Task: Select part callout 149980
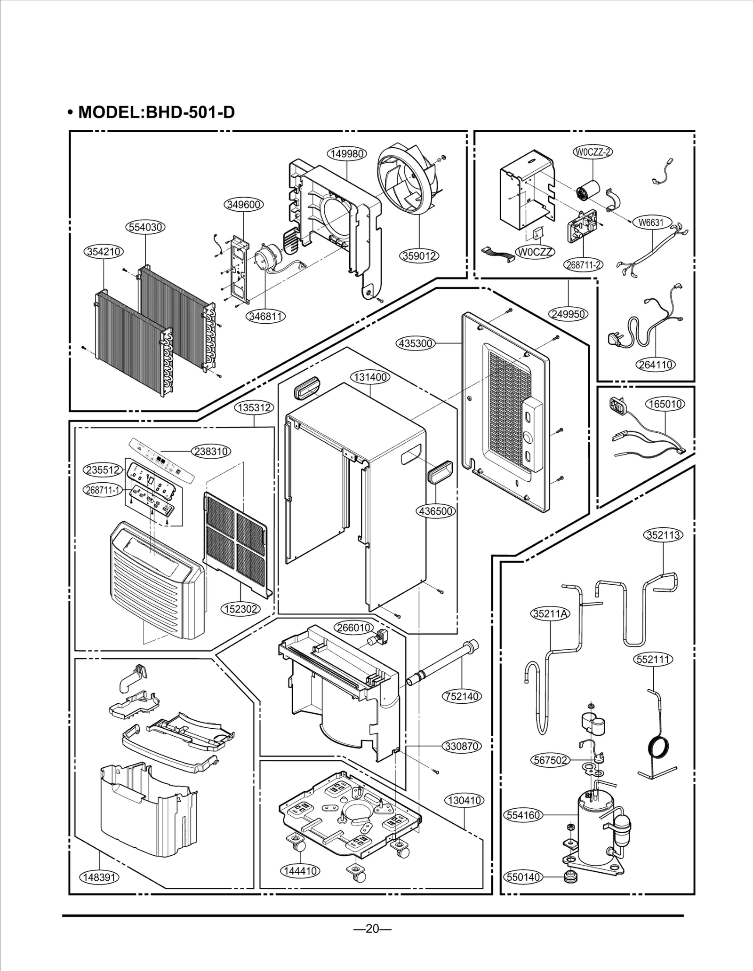click(347, 154)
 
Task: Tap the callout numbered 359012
click(419, 256)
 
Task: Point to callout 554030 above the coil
click(145, 227)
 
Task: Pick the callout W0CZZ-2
click(593, 152)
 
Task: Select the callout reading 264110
click(655, 365)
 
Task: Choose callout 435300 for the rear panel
click(415, 343)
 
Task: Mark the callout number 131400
click(370, 377)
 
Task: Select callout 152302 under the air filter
click(240, 609)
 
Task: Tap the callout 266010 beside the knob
click(354, 628)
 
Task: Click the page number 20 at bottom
click(372, 928)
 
